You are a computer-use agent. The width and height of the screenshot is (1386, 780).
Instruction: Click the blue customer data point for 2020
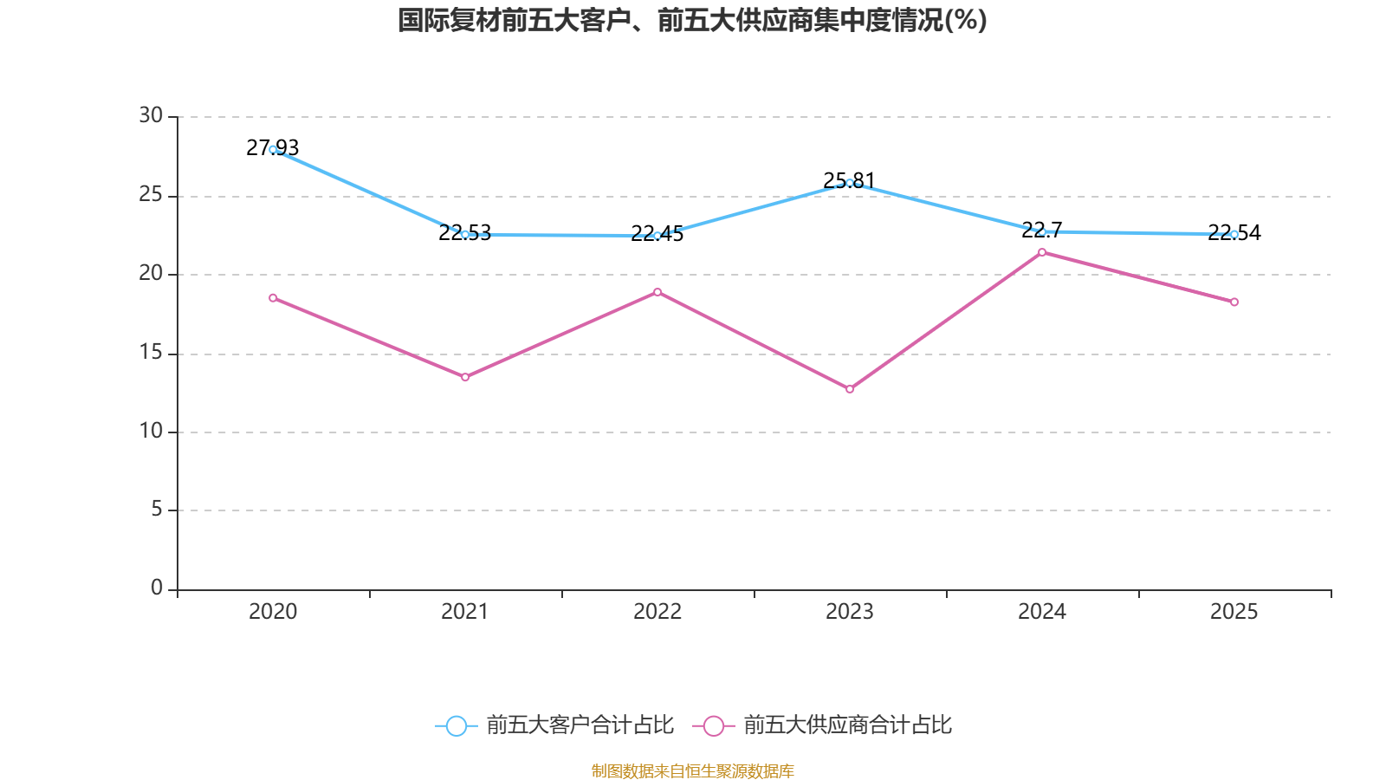(x=273, y=150)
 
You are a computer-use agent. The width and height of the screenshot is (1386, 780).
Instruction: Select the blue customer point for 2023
(x=850, y=183)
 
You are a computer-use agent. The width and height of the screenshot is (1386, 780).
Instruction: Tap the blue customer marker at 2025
(x=1234, y=234)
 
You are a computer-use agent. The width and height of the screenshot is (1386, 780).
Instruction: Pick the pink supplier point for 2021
(x=465, y=377)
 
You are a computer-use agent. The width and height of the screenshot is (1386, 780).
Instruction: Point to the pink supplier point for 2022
(x=657, y=292)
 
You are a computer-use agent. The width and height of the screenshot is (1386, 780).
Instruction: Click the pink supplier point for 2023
(x=850, y=389)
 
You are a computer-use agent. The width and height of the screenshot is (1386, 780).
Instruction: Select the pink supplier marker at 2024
(x=1042, y=252)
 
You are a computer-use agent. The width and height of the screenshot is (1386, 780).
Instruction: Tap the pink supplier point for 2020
(x=273, y=298)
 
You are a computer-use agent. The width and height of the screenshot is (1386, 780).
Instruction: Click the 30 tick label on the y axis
(x=151, y=116)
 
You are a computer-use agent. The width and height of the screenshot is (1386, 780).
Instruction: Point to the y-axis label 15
(x=151, y=353)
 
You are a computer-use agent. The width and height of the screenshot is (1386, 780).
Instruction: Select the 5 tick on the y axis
(x=157, y=510)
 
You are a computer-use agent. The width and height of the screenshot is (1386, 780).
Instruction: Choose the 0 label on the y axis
(x=157, y=588)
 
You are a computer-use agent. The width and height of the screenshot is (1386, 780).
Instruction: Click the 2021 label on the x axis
(x=465, y=612)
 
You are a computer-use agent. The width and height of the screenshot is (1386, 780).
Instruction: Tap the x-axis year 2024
(x=1042, y=612)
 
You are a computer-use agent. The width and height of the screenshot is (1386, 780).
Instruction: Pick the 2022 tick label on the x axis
(x=657, y=612)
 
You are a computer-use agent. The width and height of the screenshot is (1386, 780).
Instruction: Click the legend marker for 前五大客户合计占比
(x=456, y=725)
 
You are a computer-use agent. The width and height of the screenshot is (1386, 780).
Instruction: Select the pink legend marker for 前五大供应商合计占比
(x=714, y=725)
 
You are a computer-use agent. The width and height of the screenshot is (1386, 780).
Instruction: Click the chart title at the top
(x=692, y=20)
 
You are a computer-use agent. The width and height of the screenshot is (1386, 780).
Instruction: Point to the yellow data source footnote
(x=692, y=770)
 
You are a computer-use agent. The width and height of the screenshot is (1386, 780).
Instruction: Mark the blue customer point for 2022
(x=657, y=236)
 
